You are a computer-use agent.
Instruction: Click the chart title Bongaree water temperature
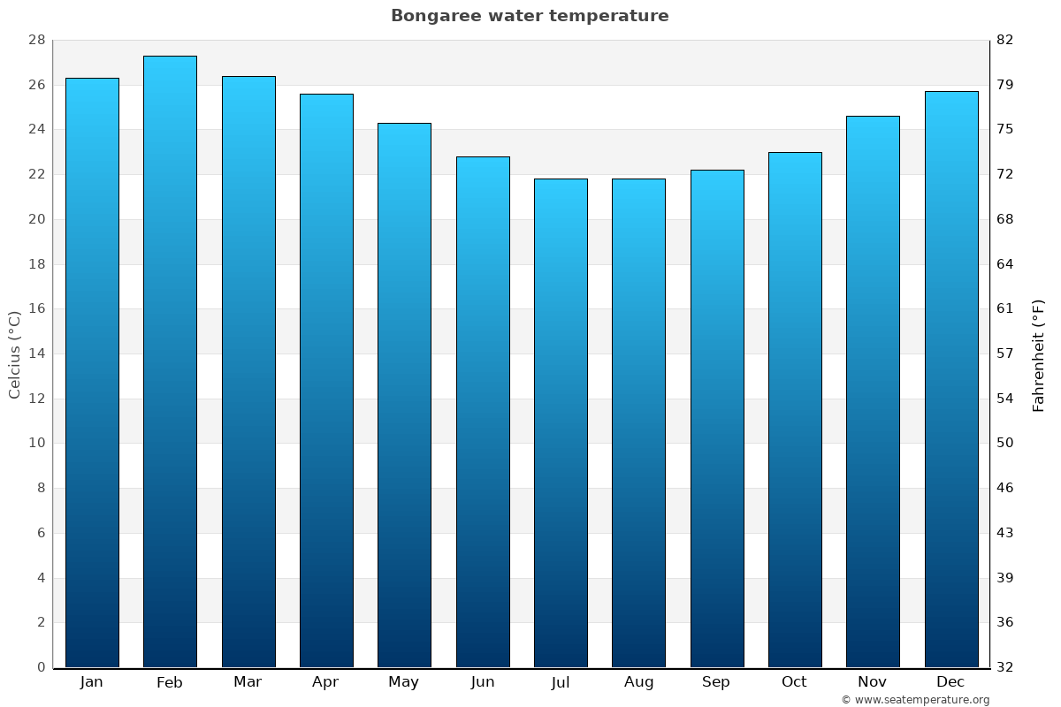[530, 16]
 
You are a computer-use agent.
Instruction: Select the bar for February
[170, 361]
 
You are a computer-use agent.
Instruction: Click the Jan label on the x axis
[92, 682]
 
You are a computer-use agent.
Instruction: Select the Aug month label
[638, 682]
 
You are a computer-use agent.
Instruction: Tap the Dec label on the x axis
[950, 682]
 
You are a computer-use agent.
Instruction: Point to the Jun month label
[483, 682]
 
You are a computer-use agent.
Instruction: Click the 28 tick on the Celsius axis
[36, 41]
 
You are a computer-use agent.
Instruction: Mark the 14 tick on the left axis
[36, 353]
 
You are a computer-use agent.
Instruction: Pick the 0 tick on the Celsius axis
[41, 667]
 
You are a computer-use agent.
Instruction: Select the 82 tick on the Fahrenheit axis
[1004, 41]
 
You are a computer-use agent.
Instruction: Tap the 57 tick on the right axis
[1004, 353]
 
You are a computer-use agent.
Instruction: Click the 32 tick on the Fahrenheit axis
[1004, 667]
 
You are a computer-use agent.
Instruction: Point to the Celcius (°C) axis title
[15, 353]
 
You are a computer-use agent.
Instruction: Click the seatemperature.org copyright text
[915, 700]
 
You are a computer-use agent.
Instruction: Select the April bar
[326, 380]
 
